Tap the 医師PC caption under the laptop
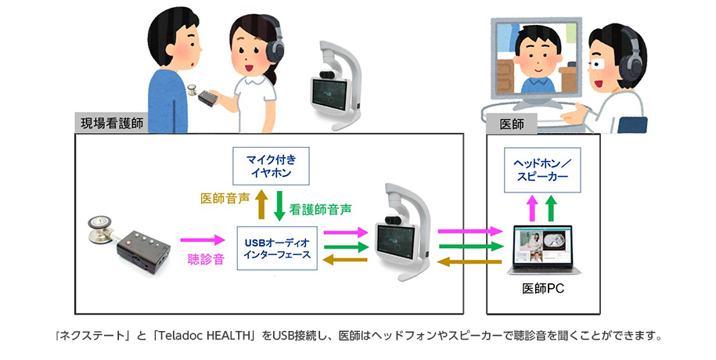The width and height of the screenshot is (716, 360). coord(543,289)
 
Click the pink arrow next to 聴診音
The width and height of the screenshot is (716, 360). coord(203,239)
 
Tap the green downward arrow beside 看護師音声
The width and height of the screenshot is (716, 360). coord(279,205)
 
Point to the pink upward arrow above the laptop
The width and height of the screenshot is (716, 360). coord(532,210)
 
